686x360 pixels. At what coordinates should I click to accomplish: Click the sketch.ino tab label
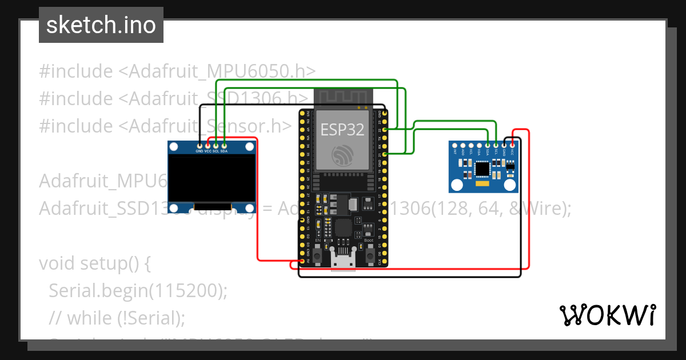tap(101, 25)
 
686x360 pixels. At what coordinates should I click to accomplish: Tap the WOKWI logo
tap(607, 315)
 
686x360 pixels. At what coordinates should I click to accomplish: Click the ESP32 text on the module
tap(342, 130)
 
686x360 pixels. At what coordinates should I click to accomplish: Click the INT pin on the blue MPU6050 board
tap(455, 145)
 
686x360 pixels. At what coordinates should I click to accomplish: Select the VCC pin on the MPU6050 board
tap(513, 145)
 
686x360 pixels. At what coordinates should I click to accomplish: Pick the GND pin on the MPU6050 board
tap(504, 145)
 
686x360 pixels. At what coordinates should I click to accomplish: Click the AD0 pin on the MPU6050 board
tap(463, 145)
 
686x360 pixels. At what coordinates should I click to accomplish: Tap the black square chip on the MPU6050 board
tap(482, 169)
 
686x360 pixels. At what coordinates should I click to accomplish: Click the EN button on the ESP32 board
tap(318, 254)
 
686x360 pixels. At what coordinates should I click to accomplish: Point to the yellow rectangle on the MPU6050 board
tap(482, 185)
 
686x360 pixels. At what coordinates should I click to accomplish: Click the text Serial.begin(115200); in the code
tap(138, 290)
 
